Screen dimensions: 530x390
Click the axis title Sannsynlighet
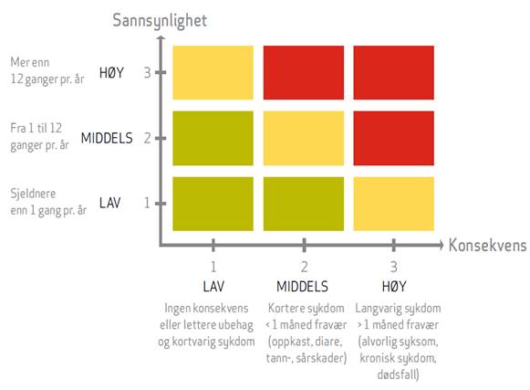point(160,21)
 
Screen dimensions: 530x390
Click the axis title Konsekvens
point(487,245)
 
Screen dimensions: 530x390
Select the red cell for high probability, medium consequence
point(304,72)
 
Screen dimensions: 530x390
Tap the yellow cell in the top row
point(213,72)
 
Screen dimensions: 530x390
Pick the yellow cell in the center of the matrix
point(304,138)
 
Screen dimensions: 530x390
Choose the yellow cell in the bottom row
point(394,204)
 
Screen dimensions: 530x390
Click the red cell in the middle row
point(394,138)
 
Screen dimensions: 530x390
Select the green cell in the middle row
point(213,138)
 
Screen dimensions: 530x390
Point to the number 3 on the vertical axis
point(148,73)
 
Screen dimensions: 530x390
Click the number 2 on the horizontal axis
point(304,267)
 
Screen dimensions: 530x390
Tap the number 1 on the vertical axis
point(147,203)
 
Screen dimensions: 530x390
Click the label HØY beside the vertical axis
point(111,73)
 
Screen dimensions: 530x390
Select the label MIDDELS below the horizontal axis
point(302,287)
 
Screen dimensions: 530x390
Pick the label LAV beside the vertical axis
point(109,203)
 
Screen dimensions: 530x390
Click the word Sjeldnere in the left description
point(33,194)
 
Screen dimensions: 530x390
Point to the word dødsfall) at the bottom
point(398,374)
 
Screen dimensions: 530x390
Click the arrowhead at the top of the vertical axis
point(161,38)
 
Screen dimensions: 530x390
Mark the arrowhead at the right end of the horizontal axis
point(441,245)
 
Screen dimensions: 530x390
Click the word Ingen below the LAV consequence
point(174,309)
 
